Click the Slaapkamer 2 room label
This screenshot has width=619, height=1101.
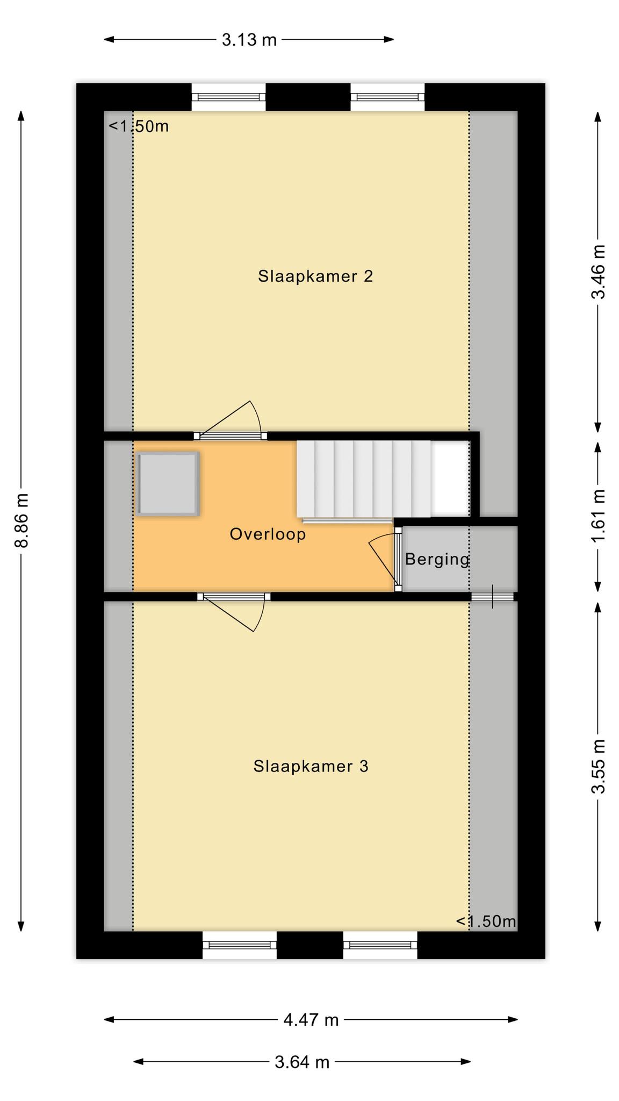[315, 276]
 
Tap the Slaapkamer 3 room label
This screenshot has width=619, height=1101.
[311, 766]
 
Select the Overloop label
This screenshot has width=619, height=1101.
[268, 534]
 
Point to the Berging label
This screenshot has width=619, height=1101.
[437, 560]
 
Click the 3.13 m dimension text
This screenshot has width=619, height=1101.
[249, 40]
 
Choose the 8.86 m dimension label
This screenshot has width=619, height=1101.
[21, 520]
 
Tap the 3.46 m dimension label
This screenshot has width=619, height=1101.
[598, 272]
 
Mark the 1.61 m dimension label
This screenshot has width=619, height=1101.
[598, 516]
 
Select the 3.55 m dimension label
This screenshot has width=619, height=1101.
[598, 767]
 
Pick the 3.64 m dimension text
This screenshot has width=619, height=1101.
[302, 1062]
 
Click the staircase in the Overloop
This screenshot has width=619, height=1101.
[364, 480]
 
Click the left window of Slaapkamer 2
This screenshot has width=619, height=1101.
[229, 97]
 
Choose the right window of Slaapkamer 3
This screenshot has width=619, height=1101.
[380, 945]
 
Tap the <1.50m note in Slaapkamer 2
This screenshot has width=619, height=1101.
[139, 126]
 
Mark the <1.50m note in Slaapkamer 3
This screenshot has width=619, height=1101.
[486, 921]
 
